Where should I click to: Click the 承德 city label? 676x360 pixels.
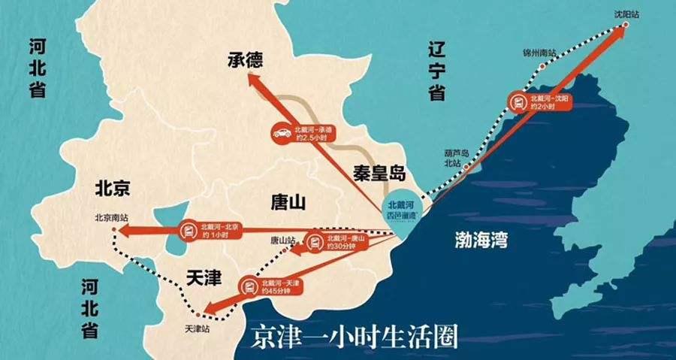click(249, 59)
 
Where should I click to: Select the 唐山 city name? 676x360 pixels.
click(288, 201)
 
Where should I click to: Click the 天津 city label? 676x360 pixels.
click(203, 277)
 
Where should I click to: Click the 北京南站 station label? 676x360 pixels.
click(112, 217)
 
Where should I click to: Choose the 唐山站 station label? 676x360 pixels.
click(283, 241)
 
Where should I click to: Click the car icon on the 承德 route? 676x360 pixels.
click(283, 132)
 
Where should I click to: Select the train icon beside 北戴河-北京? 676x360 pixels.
click(188, 230)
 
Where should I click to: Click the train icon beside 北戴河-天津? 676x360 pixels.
click(249, 286)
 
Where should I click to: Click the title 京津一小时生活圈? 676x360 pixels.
click(352, 335)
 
